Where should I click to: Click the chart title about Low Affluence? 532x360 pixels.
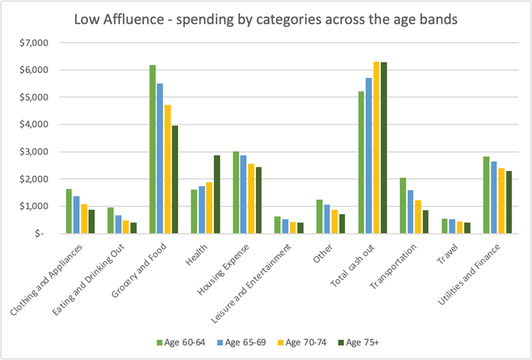tap(265, 20)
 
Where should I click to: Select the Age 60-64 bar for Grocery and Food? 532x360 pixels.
tap(152, 149)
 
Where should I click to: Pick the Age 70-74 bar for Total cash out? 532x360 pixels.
tap(376, 147)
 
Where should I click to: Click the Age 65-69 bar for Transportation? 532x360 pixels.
tap(410, 212)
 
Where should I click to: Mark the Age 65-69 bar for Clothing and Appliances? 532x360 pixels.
tap(77, 215)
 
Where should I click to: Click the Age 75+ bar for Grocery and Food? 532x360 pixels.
tap(174, 179)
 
